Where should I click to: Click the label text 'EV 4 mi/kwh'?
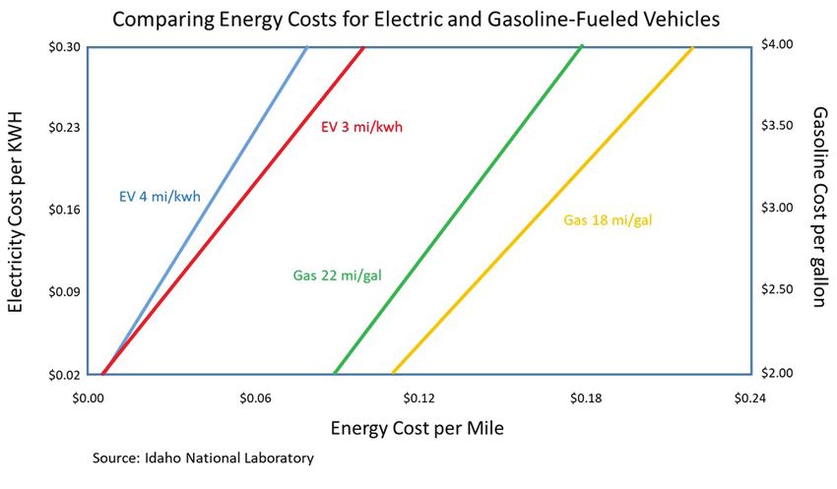(160, 196)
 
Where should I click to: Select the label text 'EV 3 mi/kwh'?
(362, 127)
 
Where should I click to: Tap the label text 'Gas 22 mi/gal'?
(337, 275)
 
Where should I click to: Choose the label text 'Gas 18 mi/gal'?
(608, 219)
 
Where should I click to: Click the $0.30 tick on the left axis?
(62, 46)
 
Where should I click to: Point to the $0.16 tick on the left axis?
(62, 210)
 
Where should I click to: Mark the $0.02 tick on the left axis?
(62, 374)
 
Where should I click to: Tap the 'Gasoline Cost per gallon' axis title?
(818, 210)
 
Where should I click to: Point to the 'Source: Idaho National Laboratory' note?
(203, 458)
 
